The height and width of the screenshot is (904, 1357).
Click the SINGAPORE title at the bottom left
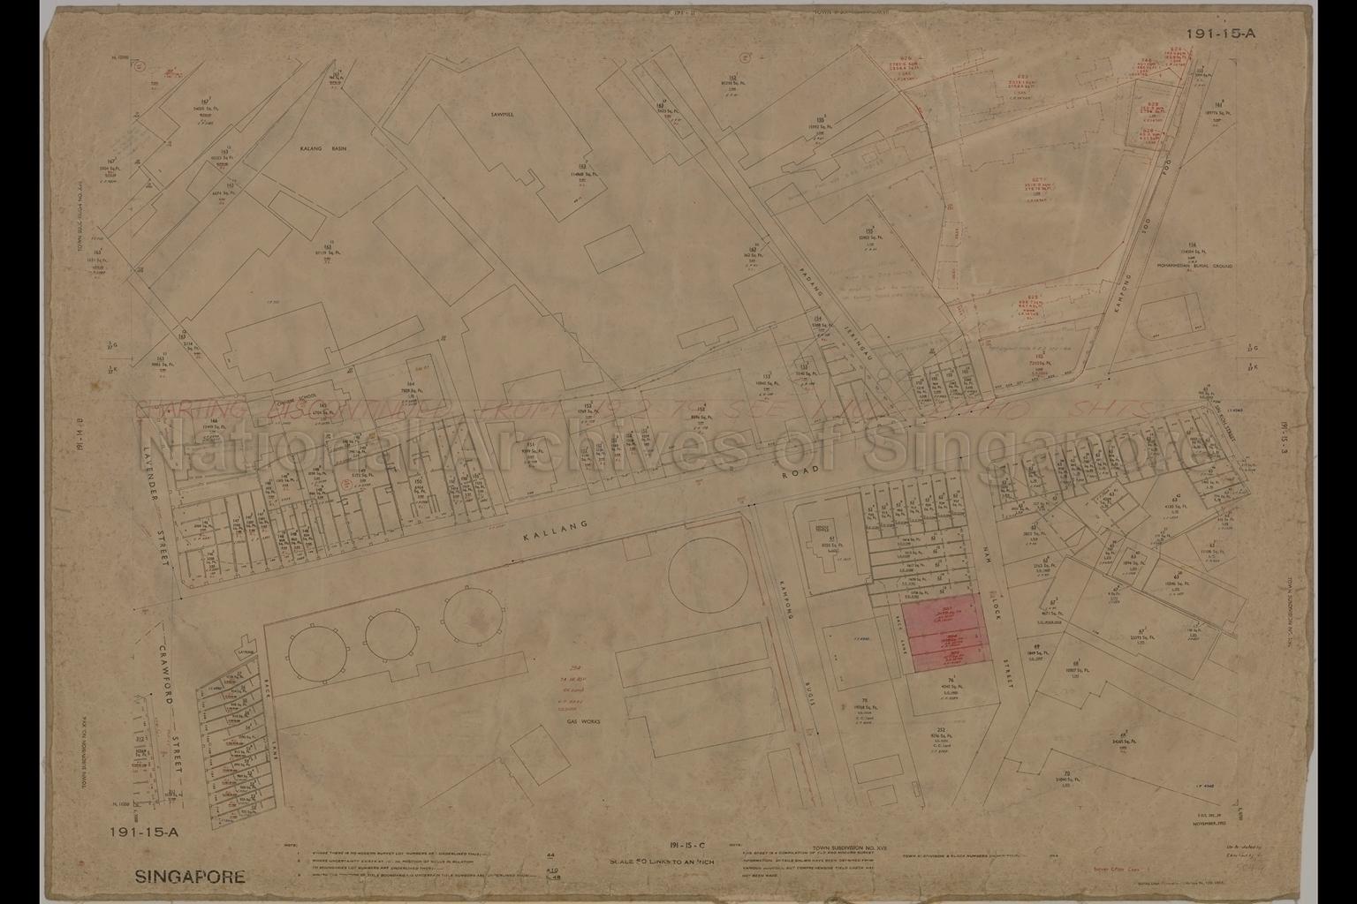pyautogui.click(x=190, y=878)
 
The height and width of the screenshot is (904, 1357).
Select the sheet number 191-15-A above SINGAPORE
pyautogui.click(x=145, y=832)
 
